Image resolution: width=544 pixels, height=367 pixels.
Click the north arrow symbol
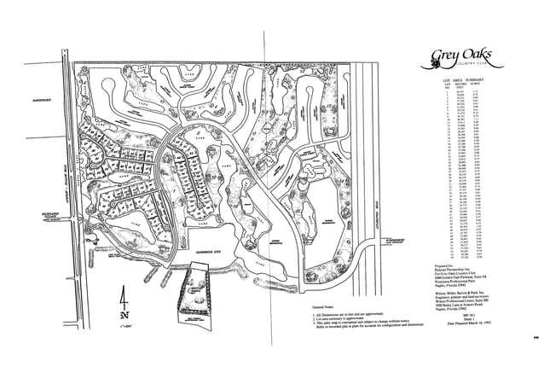[124, 302]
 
